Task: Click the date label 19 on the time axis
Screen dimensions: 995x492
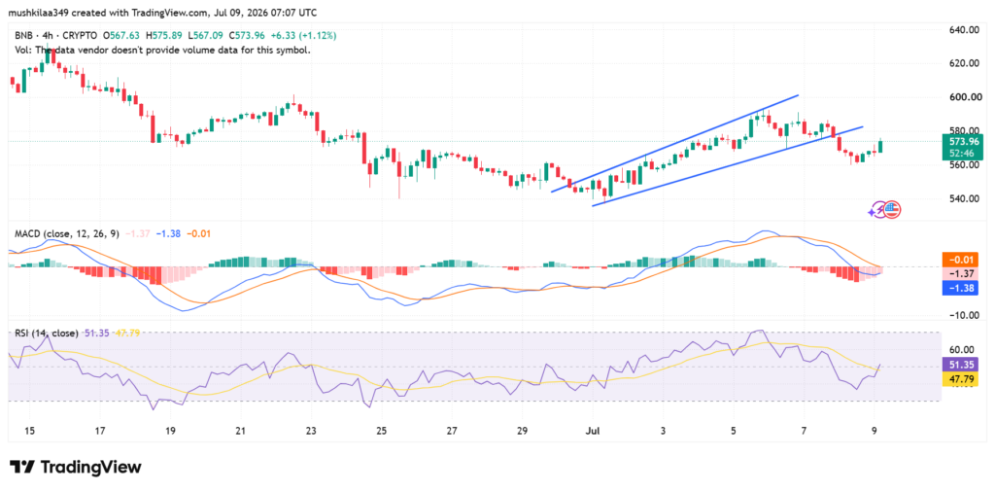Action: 170,431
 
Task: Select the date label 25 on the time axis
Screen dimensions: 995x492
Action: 381,431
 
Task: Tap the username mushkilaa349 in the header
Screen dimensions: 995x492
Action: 38,13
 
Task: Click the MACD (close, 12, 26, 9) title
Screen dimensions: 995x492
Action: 67,234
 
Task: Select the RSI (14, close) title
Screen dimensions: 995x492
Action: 47,334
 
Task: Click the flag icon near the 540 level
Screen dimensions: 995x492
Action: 892,209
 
